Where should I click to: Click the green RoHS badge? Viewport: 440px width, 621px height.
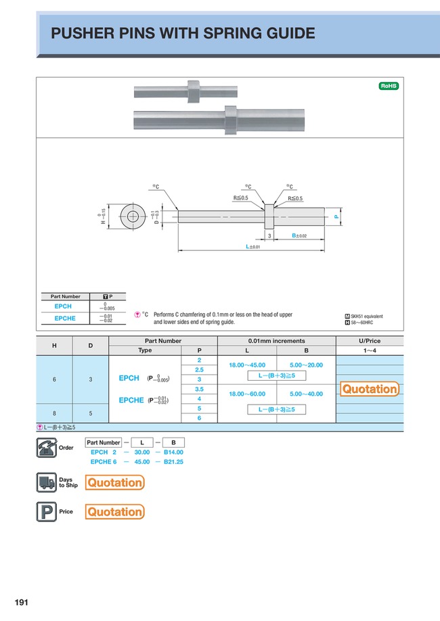(x=389, y=86)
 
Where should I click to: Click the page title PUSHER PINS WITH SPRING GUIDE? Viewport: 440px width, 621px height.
(x=183, y=33)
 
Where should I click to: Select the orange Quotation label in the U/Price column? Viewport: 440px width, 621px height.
(x=370, y=389)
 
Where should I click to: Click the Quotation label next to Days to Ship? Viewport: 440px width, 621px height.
(x=114, y=482)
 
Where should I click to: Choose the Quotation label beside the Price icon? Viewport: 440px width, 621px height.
(x=114, y=512)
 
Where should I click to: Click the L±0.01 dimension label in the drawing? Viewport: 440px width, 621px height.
(x=253, y=247)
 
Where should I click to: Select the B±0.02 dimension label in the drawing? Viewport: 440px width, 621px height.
(x=299, y=235)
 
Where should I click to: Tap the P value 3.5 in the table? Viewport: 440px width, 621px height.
(x=200, y=390)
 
